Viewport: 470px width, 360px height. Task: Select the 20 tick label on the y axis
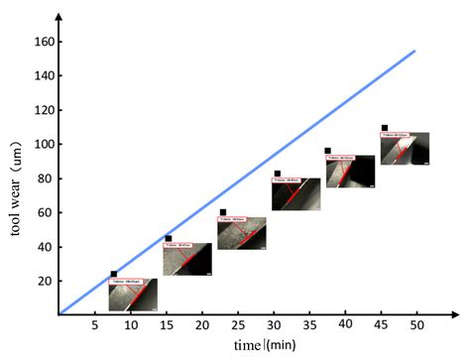coord(44,281)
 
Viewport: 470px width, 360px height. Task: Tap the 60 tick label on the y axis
coord(44,212)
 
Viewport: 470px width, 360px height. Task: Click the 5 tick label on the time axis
coord(94,325)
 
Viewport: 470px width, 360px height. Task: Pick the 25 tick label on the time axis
coord(238,325)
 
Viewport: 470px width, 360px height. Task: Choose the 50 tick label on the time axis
coord(417,325)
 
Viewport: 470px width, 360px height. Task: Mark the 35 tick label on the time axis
coord(309,325)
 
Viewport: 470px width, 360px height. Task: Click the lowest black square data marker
coord(114,274)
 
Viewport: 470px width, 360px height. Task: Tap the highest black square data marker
coord(385,128)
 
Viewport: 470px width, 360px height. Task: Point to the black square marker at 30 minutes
coord(278,174)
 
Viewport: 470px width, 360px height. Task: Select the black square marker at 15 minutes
coord(169,238)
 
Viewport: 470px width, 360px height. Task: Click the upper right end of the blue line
coord(413,51)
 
